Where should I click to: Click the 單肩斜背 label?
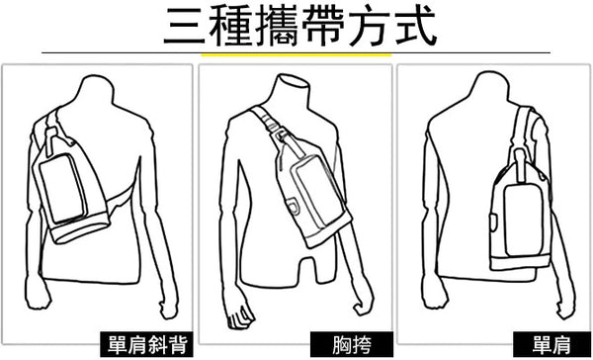(147, 344)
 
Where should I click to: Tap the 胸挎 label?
(352, 344)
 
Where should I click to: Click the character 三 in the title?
(185, 26)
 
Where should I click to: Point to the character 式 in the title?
(415, 26)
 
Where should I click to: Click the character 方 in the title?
(369, 26)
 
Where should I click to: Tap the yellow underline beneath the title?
(296, 54)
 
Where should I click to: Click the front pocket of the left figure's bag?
(63, 188)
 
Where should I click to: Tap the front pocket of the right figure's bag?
(524, 220)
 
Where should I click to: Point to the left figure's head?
(97, 91)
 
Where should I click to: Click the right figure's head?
(489, 89)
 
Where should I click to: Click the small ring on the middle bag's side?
(293, 207)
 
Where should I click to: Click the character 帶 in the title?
(322, 26)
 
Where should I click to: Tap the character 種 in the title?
(230, 26)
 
